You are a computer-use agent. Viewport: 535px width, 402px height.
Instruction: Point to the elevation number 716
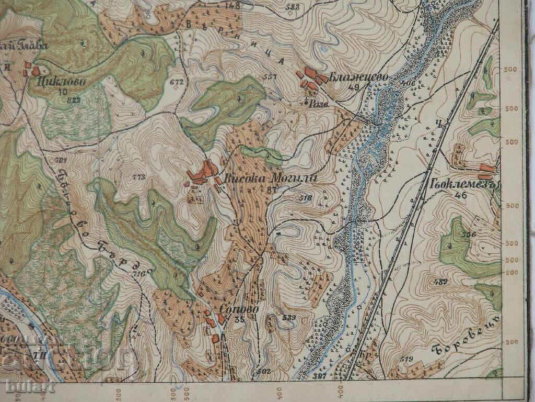138,274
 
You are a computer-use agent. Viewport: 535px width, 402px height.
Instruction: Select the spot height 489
440,282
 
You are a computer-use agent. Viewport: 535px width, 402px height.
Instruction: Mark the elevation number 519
405,359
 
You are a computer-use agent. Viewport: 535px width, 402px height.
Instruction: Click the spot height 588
294,7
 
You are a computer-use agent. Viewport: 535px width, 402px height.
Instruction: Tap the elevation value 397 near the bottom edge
320,375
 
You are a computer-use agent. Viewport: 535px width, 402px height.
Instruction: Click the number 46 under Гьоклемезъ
460,196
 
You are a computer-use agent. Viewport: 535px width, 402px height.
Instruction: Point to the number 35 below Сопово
240,319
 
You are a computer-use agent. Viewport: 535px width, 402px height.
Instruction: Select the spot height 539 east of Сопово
288,317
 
